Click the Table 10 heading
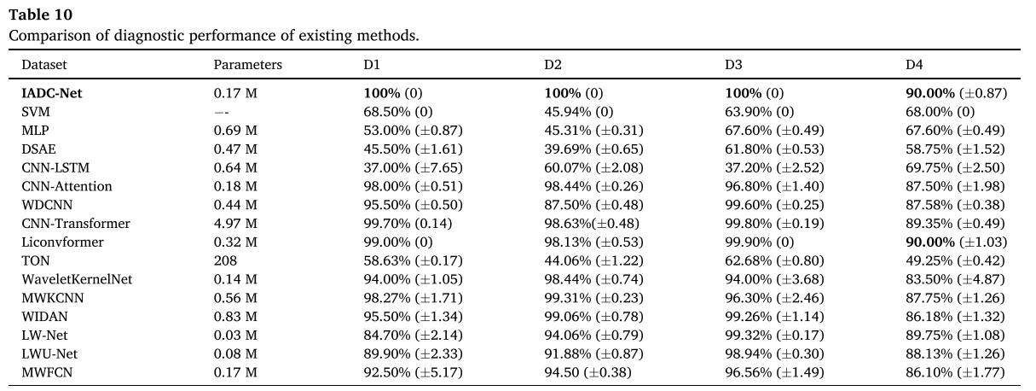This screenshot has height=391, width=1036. pyautogui.click(x=41, y=15)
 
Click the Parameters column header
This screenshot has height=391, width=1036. pyautogui.click(x=247, y=64)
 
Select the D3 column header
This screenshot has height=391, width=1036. pyautogui.click(x=733, y=64)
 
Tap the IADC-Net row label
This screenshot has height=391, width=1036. pyautogui.click(x=52, y=93)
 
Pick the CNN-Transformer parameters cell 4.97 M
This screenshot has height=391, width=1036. pyautogui.click(x=235, y=224)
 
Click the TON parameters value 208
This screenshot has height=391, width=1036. pyautogui.click(x=225, y=260)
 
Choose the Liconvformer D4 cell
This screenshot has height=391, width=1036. pyautogui.click(x=956, y=242)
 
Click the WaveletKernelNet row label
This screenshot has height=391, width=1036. pyautogui.click(x=77, y=279)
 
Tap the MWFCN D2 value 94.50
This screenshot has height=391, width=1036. pyautogui.click(x=587, y=372)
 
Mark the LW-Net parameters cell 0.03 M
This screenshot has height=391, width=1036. pyautogui.click(x=235, y=335)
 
